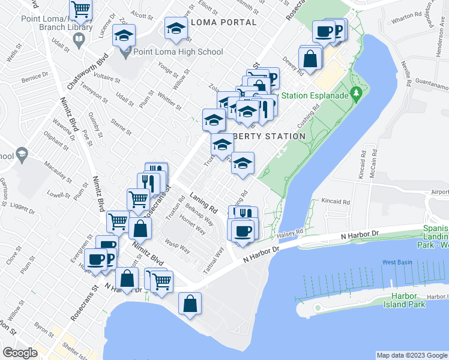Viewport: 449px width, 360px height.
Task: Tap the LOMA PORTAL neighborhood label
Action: coord(223,22)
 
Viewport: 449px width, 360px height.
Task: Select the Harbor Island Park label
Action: coord(405,301)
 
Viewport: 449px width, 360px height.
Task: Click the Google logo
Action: coord(20,353)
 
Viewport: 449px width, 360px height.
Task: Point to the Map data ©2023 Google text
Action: coord(412,355)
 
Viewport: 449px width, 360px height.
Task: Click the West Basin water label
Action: coord(397,262)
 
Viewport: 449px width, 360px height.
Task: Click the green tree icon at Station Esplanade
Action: coord(356,93)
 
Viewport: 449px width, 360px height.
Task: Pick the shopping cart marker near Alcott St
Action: coord(80,10)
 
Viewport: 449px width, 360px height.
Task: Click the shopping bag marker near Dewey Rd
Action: coord(310,59)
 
